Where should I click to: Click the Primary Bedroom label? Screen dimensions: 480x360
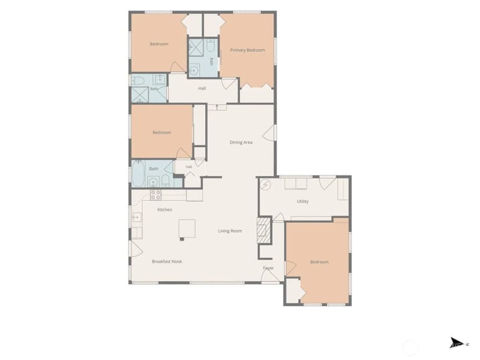tap(248, 50)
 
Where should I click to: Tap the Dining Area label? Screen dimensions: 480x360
tap(241, 142)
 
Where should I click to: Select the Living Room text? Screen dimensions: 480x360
tap(230, 231)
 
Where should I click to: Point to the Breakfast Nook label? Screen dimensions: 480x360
tap(167, 261)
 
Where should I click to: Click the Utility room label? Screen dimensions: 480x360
tap(303, 201)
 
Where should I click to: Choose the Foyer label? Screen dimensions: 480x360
tap(268, 268)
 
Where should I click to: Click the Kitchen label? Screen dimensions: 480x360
tap(165, 209)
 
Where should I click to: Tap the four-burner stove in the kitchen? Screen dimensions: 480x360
tap(155, 195)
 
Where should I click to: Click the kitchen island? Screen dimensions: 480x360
tap(187, 228)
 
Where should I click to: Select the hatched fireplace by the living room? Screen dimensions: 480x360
tap(264, 230)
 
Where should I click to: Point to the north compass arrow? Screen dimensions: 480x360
tap(456, 343)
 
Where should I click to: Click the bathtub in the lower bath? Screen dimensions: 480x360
tap(138, 173)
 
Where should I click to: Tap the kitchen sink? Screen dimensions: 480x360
tap(137, 217)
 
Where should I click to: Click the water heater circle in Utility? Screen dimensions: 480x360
tap(266, 184)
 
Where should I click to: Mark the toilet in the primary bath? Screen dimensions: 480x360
tap(210, 45)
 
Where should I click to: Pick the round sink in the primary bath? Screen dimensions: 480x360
tap(194, 70)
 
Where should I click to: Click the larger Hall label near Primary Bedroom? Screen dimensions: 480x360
tap(202, 88)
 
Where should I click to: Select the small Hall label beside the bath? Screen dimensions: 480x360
tap(189, 167)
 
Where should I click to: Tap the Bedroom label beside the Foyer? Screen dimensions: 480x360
tap(319, 261)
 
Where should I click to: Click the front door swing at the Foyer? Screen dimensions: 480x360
tap(270, 277)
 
